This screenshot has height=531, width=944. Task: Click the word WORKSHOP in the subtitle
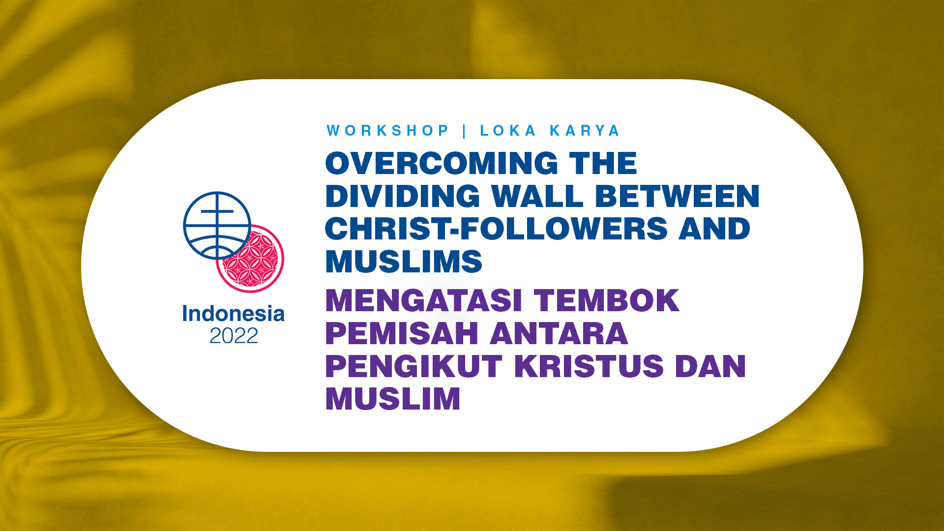pyautogui.click(x=388, y=131)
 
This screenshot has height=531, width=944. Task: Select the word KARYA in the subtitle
pyautogui.click(x=585, y=131)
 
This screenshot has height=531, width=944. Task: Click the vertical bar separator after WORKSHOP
pyautogui.click(x=465, y=131)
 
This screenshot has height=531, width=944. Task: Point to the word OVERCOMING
pyautogui.click(x=442, y=163)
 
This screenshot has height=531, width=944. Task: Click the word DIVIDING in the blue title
pyautogui.click(x=403, y=196)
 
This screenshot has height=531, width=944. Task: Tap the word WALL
pyautogui.click(x=537, y=196)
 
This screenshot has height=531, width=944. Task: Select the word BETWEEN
pyautogui.click(x=678, y=196)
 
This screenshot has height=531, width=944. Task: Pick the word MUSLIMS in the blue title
pyautogui.click(x=404, y=262)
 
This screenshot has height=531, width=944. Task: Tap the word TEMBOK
pyautogui.click(x=607, y=300)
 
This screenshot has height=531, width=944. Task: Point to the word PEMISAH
pyautogui.click(x=402, y=333)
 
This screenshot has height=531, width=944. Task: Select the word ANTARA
pyautogui.click(x=559, y=333)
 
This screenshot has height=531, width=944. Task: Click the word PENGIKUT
pyautogui.click(x=413, y=366)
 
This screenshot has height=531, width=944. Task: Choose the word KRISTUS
pyautogui.click(x=589, y=366)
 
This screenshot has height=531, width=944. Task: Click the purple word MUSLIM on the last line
pyautogui.click(x=393, y=399)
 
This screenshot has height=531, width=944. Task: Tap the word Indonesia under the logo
pyautogui.click(x=234, y=314)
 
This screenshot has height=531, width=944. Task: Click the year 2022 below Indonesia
pyautogui.click(x=234, y=336)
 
